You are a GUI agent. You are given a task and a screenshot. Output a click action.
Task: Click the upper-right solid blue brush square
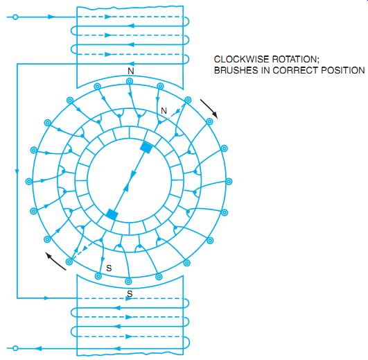[146, 148]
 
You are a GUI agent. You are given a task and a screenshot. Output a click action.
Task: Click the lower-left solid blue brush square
[112, 214]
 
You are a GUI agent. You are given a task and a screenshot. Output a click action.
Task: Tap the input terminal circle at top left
[15, 17]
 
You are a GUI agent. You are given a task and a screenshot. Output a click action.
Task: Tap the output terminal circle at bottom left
[15, 348]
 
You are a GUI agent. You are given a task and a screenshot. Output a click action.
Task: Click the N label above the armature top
[131, 71]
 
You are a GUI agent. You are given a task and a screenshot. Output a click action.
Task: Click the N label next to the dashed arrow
[164, 110]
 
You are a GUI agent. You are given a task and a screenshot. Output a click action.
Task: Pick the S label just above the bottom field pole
[130, 293]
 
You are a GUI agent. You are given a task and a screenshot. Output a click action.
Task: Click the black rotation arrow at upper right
[209, 108]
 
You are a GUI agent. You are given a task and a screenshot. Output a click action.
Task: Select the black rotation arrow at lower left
[55, 261]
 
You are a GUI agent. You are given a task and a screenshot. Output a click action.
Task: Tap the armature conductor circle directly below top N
[130, 81]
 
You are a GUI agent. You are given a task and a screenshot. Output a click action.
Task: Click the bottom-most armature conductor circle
[128, 281]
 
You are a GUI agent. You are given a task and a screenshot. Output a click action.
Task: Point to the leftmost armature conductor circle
[29, 181]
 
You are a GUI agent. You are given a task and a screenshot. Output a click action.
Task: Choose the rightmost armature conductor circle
[229, 181]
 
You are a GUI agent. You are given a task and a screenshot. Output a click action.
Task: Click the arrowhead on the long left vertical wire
[17, 171]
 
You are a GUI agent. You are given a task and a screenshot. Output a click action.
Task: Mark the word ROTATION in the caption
[296, 59]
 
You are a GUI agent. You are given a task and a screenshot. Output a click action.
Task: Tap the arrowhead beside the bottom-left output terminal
[39, 348]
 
